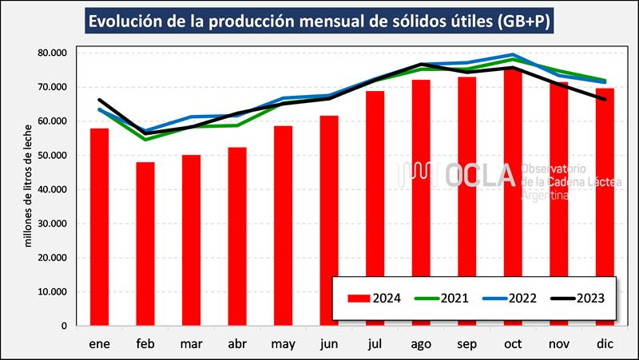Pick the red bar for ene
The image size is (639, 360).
(x=99, y=227)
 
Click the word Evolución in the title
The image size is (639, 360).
(x=129, y=21)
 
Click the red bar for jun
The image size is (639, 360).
(x=329, y=220)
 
